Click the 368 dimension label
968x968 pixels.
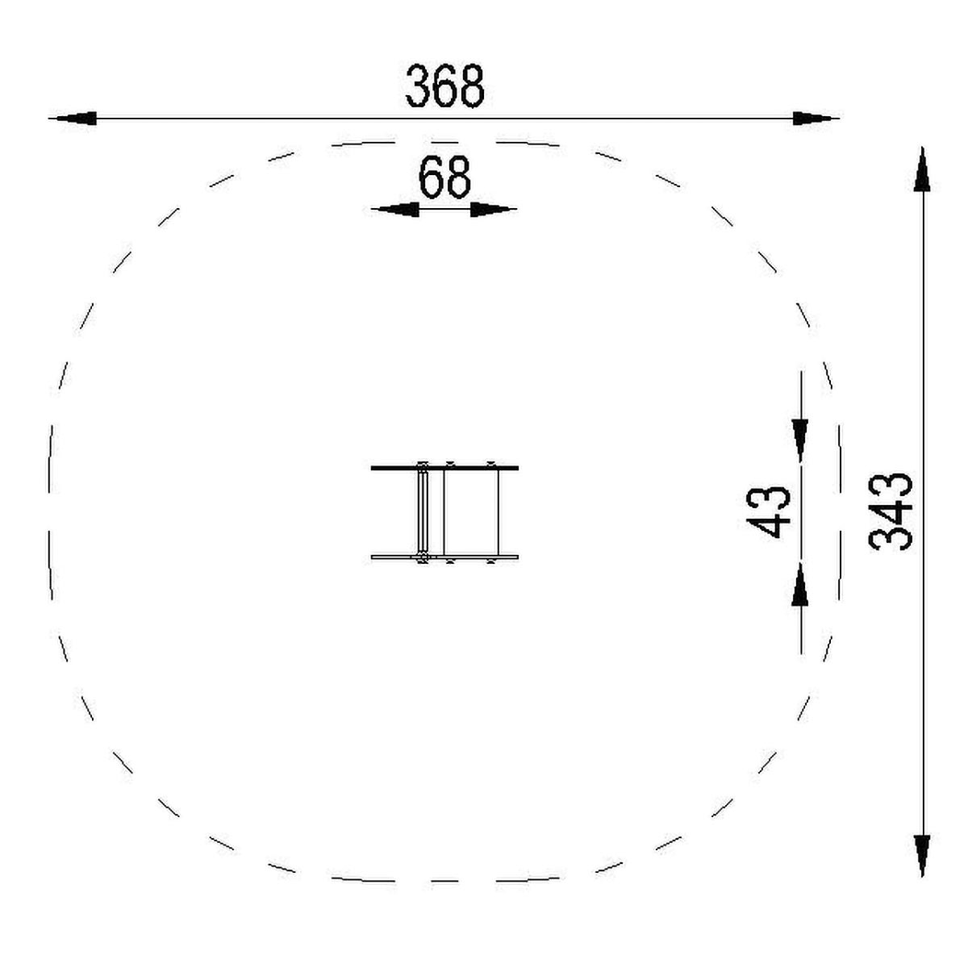(x=445, y=86)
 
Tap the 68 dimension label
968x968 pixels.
(x=445, y=177)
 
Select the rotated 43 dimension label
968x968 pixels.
(x=769, y=512)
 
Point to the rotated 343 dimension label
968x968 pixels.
(x=890, y=512)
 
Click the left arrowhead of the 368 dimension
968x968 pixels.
(x=75, y=119)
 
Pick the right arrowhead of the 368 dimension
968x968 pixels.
(x=813, y=119)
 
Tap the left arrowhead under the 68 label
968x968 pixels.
(x=398, y=210)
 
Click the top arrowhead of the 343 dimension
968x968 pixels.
(x=922, y=170)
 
